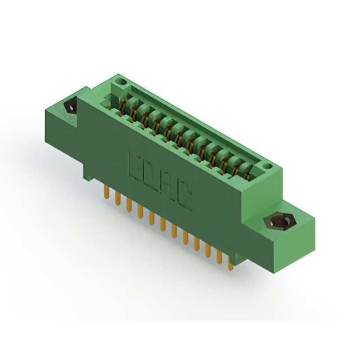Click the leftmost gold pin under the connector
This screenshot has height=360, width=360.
[x=106, y=191]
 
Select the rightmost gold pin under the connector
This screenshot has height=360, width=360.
[x=231, y=263]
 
